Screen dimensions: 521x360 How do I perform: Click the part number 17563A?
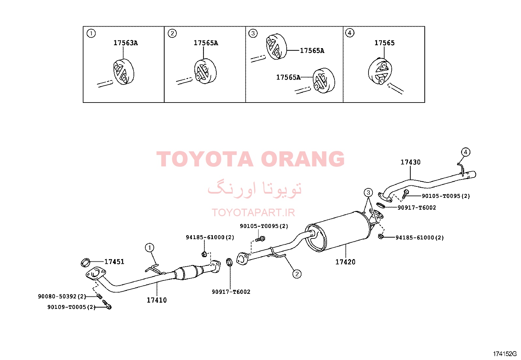pyautogui.click(x=126, y=43)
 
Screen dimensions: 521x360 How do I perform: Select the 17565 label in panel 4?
pyautogui.click(x=385, y=43)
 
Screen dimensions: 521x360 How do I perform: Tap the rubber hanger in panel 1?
pyautogui.click(x=124, y=72)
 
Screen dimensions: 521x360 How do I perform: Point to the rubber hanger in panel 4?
pyautogui.click(x=380, y=71)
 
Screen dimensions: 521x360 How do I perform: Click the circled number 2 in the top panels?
pyautogui.click(x=172, y=33)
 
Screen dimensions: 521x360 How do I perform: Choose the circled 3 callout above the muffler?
pyautogui.click(x=368, y=193)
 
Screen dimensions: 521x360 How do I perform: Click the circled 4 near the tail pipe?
pyautogui.click(x=466, y=152)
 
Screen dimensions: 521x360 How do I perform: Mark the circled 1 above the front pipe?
pyautogui.click(x=150, y=248)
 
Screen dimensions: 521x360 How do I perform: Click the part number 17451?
pyautogui.click(x=114, y=262)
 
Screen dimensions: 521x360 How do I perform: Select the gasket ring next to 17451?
pyautogui.click(x=85, y=262)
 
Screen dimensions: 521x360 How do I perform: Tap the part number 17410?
pyautogui.click(x=157, y=300)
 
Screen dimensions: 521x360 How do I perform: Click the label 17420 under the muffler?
pyautogui.click(x=345, y=262)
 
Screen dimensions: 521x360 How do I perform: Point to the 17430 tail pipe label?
pyautogui.click(x=410, y=162)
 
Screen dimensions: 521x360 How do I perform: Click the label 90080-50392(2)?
pyautogui.click(x=62, y=296)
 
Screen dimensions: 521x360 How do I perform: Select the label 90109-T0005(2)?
pyautogui.click(x=72, y=307)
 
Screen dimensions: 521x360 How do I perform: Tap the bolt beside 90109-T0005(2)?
pyautogui.click(x=107, y=305)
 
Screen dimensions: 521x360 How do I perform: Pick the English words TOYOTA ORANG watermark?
pyautogui.click(x=250, y=159)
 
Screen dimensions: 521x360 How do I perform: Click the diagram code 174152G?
pyautogui.click(x=505, y=354)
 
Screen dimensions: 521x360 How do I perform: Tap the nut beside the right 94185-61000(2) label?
pyautogui.click(x=381, y=237)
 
